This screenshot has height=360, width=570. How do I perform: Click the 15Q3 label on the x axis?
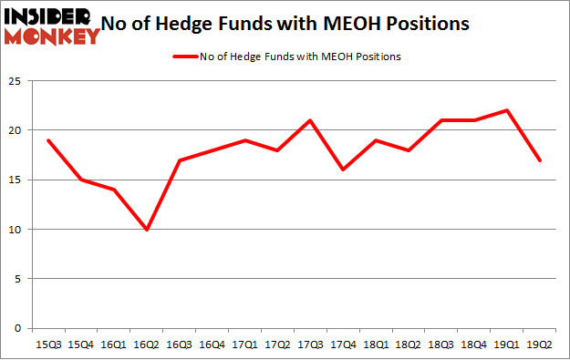(47, 345)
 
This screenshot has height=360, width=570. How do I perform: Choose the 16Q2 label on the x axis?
(146, 345)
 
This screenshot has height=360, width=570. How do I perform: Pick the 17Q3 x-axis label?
(311, 345)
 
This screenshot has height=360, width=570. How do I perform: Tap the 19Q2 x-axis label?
(541, 345)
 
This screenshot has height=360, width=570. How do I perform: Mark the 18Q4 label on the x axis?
(475, 345)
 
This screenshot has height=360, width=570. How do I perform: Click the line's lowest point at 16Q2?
(146, 229)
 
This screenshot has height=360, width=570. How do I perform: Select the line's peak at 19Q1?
(508, 110)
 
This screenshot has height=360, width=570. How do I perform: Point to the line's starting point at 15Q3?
(47, 140)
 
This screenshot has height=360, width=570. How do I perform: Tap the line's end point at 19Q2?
(541, 160)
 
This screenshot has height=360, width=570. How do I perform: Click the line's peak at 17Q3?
(311, 120)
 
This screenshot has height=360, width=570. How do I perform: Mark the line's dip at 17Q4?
(344, 170)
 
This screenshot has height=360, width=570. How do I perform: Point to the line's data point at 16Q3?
(179, 160)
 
